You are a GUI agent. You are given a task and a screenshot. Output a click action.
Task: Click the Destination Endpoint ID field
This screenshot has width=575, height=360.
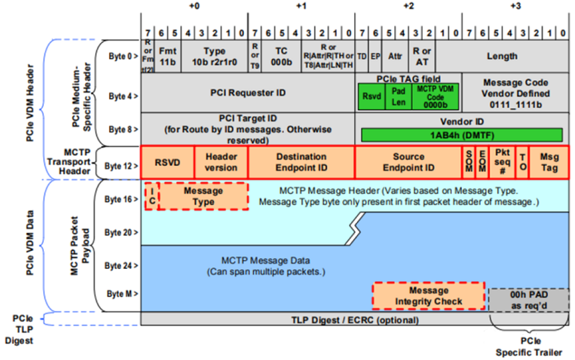pyautogui.click(x=301, y=163)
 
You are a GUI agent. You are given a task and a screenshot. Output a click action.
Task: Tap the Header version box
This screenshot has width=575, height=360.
pyautogui.click(x=221, y=163)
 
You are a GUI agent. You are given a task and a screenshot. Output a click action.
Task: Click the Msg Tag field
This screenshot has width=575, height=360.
pyautogui.click(x=549, y=163)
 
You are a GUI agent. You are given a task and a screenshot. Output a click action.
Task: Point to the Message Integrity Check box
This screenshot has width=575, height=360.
pyautogui.click(x=429, y=296)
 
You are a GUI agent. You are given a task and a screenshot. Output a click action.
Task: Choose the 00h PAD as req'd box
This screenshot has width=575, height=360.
pyautogui.click(x=528, y=300)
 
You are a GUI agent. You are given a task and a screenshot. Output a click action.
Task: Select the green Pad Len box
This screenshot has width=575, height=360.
pyautogui.click(x=399, y=96)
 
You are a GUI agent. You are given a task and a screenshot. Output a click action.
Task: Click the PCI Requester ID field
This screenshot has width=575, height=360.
pyautogui.click(x=248, y=92)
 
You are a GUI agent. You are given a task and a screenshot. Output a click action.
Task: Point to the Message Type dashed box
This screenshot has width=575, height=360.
pyautogui.click(x=203, y=196)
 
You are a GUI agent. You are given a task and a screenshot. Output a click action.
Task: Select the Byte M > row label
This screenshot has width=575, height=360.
pyautogui.click(x=123, y=293)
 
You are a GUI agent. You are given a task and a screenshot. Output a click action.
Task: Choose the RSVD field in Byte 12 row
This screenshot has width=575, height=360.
pyautogui.click(x=168, y=163)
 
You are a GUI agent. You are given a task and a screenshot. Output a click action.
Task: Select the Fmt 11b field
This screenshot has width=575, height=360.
pyautogui.click(x=167, y=56)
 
